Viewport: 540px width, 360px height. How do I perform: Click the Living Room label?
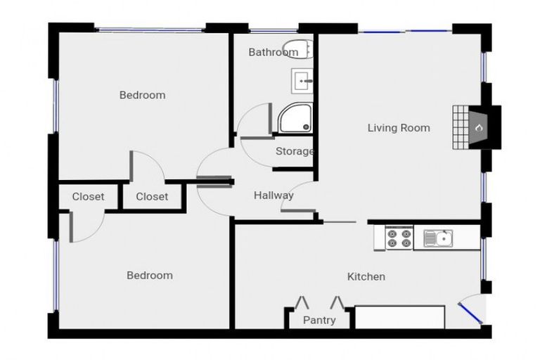pos(399,128)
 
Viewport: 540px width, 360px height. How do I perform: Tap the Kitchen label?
pos(366,276)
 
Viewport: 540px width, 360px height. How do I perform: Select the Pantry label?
pos(319,321)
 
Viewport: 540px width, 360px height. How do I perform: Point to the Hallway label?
pos(274,195)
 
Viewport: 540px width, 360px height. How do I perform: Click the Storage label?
pos(294,151)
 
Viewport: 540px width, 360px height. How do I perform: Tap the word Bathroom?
pos(273,52)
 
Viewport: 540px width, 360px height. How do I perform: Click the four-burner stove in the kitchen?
pos(399,238)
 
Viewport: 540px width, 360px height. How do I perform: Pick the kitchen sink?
pos(438,238)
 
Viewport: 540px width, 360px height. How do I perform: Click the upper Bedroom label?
pos(142,95)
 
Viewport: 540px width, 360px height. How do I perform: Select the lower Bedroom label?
pos(149,275)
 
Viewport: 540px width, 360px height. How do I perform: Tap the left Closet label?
pos(88,197)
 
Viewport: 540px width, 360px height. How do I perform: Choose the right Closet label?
pos(152,197)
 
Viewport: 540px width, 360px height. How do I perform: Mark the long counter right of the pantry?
pos(399,316)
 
